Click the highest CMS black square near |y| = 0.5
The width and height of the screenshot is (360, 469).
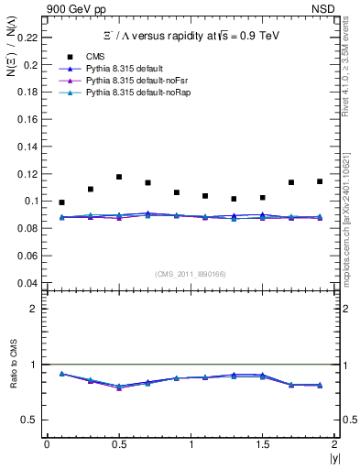click(x=119, y=177)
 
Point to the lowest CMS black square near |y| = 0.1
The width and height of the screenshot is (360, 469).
click(x=61, y=202)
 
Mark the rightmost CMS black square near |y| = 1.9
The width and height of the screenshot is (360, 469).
click(x=320, y=181)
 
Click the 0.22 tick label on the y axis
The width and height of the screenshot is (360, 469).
click(x=27, y=38)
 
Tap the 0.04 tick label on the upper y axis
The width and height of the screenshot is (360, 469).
click(x=27, y=282)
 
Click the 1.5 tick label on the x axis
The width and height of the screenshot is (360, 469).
click(x=263, y=444)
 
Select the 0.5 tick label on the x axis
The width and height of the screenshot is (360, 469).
click(x=119, y=444)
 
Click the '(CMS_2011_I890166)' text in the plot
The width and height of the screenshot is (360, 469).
click(x=191, y=274)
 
